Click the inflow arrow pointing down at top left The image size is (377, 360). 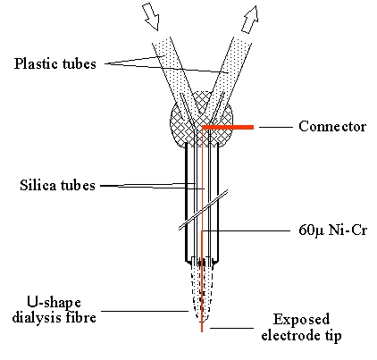151,18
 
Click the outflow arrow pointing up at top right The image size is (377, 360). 249,20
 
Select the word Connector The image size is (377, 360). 332,126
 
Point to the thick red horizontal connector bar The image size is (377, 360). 228,128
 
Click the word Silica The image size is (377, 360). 38,185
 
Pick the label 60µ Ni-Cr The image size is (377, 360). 333,230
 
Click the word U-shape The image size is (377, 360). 54,303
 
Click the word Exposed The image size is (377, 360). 301,320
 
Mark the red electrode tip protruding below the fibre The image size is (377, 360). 202,326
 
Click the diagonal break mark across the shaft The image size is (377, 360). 204,210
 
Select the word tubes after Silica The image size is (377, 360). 78,185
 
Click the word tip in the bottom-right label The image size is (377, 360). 332,336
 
